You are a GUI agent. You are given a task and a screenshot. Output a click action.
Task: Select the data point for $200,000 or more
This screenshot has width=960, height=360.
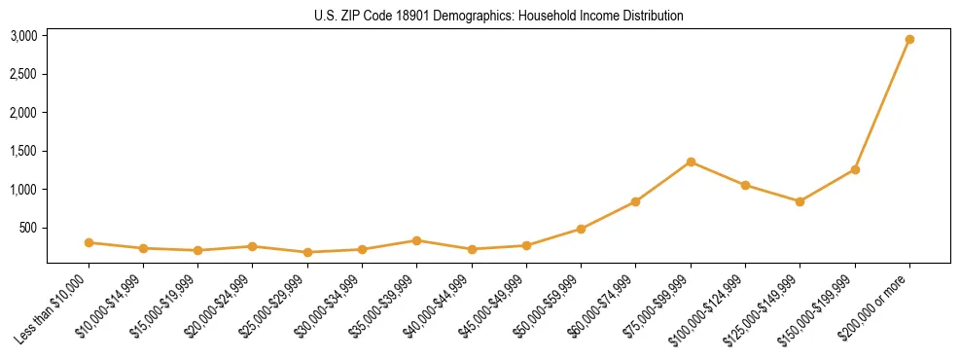pos(909,39)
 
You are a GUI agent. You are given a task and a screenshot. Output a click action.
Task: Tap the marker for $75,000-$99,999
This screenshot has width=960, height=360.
pos(691,162)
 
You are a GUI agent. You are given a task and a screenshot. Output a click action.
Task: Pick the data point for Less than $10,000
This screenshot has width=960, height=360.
pos(89,242)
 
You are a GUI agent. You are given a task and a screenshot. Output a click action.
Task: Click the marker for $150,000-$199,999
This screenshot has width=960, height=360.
pos(855,169)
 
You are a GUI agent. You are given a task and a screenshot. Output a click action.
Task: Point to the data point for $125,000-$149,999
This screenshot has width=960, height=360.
pos(800,201)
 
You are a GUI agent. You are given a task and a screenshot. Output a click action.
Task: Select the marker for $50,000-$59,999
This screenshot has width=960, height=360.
pos(581,229)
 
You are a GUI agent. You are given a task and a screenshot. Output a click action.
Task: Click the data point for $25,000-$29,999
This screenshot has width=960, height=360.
pos(307,252)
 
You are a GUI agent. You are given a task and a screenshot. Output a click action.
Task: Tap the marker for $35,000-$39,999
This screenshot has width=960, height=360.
pos(416,240)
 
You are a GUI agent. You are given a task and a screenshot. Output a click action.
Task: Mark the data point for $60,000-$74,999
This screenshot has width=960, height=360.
pos(635,201)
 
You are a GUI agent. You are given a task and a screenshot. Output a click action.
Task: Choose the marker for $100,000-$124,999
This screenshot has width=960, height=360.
pos(745,185)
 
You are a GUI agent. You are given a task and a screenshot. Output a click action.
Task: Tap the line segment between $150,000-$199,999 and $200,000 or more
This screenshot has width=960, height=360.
pos(882,104)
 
